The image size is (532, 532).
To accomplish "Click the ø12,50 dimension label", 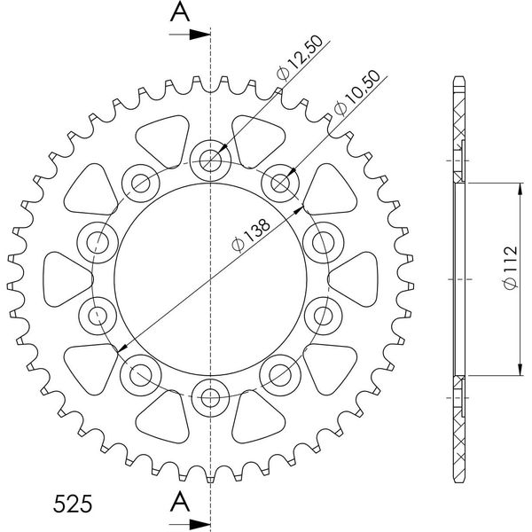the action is (300, 59).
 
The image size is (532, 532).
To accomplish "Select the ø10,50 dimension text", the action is (356, 92).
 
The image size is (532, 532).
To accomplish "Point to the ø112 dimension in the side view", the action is (511, 268).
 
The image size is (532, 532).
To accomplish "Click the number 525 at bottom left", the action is (73, 504).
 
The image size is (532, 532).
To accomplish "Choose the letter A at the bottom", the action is (180, 503).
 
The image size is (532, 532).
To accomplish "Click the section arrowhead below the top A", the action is (199, 35).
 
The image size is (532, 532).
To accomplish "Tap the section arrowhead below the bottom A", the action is (199, 524).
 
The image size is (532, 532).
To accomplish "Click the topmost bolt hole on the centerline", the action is (210, 160).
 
